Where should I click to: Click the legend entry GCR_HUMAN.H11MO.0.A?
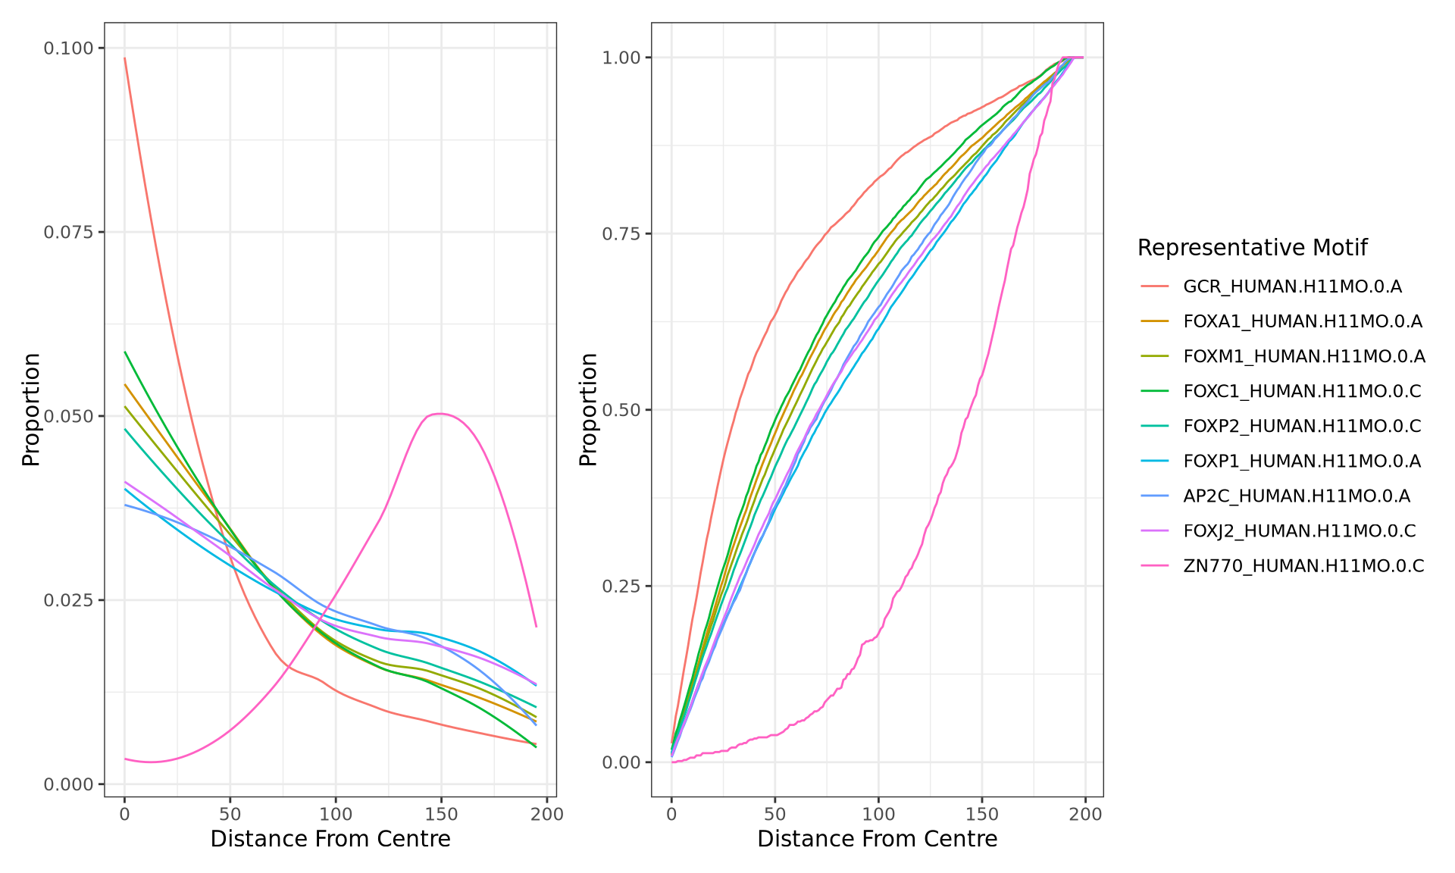point(1292,286)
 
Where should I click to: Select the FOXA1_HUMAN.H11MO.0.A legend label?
point(1302,321)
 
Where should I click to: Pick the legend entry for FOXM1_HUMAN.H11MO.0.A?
point(1303,356)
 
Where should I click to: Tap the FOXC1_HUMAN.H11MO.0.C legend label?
point(1302,391)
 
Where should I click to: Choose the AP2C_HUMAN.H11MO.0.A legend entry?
point(1296,496)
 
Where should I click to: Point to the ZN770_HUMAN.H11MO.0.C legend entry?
point(1303,565)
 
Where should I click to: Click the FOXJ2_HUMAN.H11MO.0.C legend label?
point(1299,530)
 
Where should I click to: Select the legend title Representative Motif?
point(1252,248)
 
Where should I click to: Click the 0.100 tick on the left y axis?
point(68,48)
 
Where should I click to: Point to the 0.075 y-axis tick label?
point(68,232)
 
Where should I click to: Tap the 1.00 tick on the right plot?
point(621,58)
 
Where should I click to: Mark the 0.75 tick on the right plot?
point(621,233)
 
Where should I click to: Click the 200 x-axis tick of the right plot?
point(1085,815)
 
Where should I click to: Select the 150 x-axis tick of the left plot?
point(441,815)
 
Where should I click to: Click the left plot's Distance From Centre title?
point(330,839)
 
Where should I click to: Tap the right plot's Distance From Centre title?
point(877,839)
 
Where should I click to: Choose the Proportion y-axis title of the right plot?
point(588,409)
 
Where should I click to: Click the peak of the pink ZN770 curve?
point(440,414)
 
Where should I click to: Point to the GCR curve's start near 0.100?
point(125,58)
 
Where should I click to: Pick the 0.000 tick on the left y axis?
point(68,784)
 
